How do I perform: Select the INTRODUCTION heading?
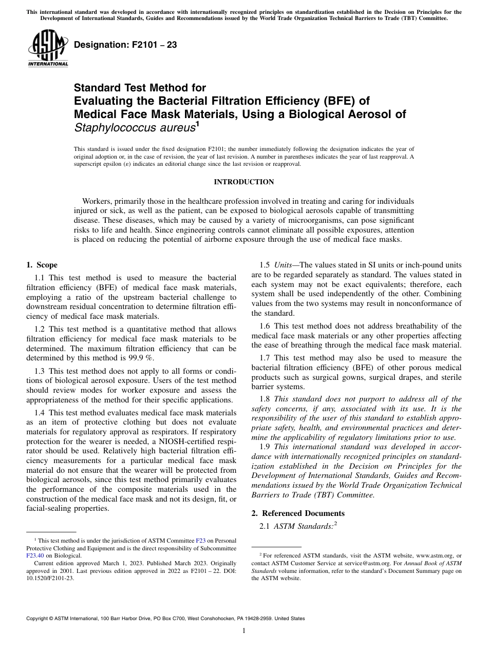(x=243, y=182)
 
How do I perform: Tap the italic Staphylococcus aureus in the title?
(x=135, y=127)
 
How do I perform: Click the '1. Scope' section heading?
(x=42, y=265)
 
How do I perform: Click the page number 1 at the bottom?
(x=243, y=631)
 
